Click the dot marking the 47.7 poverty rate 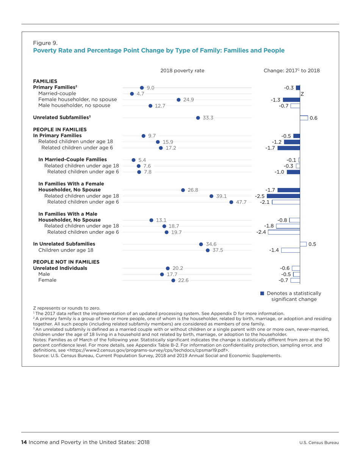231,202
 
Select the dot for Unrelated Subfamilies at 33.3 198,118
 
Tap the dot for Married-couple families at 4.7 131,94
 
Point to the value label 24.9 188,100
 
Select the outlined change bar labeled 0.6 304,118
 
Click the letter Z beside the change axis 302,94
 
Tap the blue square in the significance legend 262,293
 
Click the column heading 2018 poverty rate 182,70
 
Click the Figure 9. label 45,42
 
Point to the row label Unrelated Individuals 60,268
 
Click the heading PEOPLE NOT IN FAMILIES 66,261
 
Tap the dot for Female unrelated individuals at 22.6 173,280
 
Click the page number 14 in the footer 24,442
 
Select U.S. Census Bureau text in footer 319,443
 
